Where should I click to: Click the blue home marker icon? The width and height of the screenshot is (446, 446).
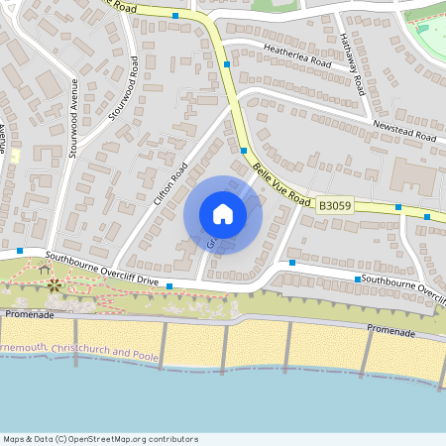pyautogui.click(x=223, y=214)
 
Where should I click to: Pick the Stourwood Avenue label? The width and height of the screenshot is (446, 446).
pyautogui.click(x=72, y=118)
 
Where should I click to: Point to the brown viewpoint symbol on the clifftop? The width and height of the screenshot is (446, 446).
pyautogui.click(x=54, y=285)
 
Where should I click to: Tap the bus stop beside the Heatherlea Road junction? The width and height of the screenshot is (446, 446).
pyautogui.click(x=227, y=64)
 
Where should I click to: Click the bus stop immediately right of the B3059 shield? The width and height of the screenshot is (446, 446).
pyautogui.click(x=398, y=207)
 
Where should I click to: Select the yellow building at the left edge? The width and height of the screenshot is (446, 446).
pyautogui.click(x=16, y=156)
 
